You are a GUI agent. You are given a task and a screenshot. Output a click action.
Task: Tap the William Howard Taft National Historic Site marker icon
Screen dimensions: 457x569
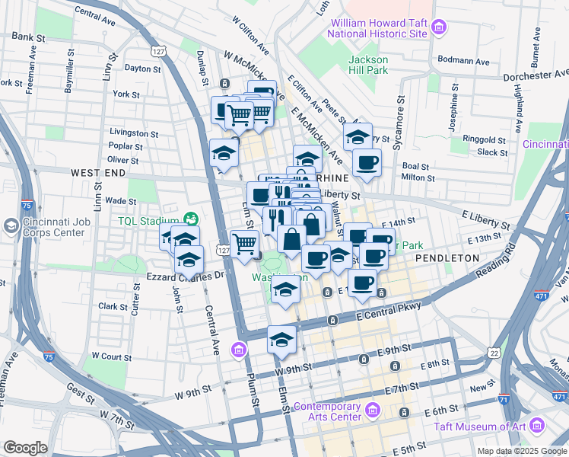(438, 29)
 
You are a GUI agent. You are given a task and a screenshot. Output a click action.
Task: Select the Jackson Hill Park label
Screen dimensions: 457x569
(368, 65)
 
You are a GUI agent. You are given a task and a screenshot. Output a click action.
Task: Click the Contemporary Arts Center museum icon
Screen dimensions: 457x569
(372, 411)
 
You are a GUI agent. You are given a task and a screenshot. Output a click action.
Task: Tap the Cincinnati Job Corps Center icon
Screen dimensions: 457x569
(11, 226)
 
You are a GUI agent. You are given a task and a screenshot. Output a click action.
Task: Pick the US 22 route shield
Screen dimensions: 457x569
(494, 353)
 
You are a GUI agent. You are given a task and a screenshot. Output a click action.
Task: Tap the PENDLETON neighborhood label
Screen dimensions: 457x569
(448, 258)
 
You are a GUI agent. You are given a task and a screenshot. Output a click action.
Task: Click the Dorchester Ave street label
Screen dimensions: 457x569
(536, 76)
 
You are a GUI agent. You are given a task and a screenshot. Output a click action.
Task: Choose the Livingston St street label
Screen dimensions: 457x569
(133, 133)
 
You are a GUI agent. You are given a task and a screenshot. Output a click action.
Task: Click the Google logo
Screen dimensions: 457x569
(25, 448)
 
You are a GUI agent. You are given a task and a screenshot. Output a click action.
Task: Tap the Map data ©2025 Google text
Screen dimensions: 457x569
(522, 451)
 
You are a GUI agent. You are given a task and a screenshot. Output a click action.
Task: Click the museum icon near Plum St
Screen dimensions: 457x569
(240, 350)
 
